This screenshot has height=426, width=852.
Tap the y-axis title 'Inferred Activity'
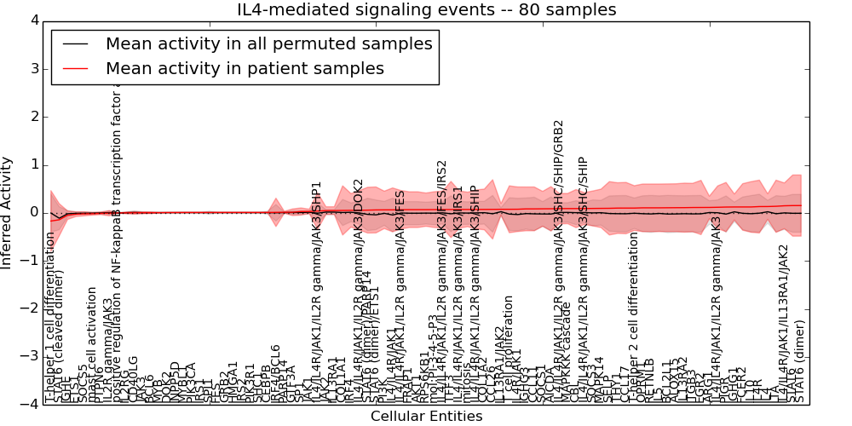(8, 212)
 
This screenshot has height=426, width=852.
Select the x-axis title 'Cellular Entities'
(426, 416)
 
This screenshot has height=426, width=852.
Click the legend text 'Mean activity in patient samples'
(245, 68)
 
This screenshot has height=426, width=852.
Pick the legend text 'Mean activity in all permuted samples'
(268, 43)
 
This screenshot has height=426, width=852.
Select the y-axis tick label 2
(33, 117)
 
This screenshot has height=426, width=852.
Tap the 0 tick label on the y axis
(33, 212)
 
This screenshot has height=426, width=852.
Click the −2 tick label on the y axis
(30, 308)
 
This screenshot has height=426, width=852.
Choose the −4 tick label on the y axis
(30, 405)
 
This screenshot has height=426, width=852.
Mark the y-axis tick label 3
(33, 68)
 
